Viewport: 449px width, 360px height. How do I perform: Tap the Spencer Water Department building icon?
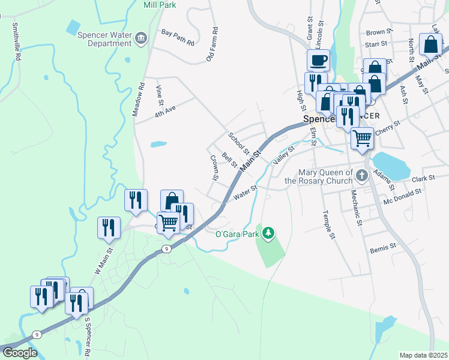pyautogui.click(x=141, y=39)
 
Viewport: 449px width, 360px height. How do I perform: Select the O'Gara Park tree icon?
pyautogui.click(x=270, y=232)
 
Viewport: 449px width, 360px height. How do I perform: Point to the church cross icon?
pyautogui.click(x=361, y=176)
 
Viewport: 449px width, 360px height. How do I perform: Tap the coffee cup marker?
pyautogui.click(x=318, y=60)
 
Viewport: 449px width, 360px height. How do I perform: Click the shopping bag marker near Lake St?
pyautogui.click(x=431, y=44)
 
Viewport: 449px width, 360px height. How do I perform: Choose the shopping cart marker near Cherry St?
pyautogui.click(x=363, y=138)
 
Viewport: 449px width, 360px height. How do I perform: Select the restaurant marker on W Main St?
pyautogui.click(x=109, y=227)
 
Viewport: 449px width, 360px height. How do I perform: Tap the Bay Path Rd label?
pyautogui.click(x=178, y=38)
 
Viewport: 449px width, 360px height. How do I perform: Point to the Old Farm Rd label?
pyautogui.click(x=211, y=44)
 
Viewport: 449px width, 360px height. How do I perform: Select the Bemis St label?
pyautogui.click(x=383, y=247)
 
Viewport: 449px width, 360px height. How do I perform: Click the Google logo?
pyautogui.click(x=20, y=353)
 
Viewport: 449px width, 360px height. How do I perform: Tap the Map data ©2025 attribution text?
pyautogui.click(x=424, y=355)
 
